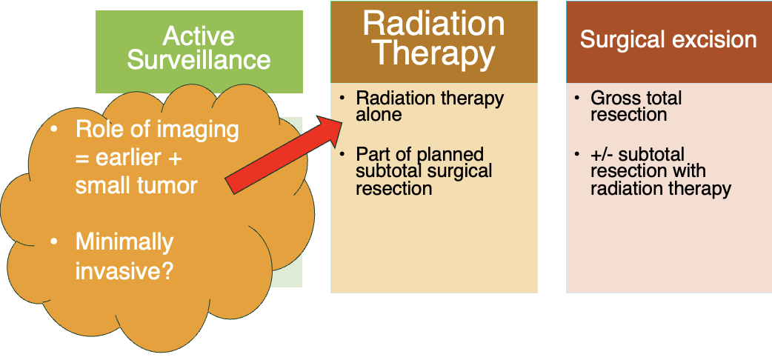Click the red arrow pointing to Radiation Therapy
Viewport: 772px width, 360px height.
tap(283, 154)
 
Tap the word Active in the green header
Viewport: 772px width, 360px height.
tap(199, 36)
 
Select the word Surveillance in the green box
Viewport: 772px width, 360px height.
tap(199, 59)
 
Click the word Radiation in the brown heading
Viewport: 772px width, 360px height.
tap(433, 23)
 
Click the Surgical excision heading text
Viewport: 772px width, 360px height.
tap(668, 40)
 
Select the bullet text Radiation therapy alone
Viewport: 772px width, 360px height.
tap(430, 106)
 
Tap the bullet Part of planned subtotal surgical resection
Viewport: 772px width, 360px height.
tap(424, 171)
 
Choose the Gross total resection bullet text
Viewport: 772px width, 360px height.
tap(636, 106)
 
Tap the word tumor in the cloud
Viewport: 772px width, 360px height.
tap(167, 186)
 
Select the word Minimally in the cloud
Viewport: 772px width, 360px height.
tap(124, 242)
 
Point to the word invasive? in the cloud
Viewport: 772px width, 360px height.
tap(124, 270)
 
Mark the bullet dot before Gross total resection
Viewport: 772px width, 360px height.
tap(577, 99)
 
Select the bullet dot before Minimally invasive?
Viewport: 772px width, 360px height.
tap(54, 241)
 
